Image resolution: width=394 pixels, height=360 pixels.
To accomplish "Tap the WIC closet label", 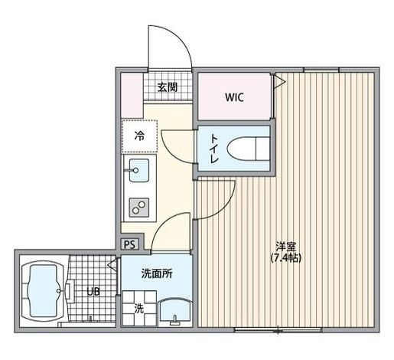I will coord(234,97).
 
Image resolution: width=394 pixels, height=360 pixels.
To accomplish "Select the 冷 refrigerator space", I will coord(139,137).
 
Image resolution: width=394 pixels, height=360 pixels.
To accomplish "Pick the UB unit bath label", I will coord(92,291).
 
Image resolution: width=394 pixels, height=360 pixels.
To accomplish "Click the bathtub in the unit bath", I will coord(45,292).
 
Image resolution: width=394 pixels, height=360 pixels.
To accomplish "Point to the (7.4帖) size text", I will coord(286,258).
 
